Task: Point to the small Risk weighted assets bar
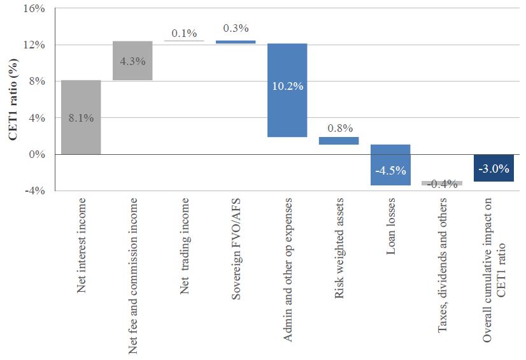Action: click(x=339, y=141)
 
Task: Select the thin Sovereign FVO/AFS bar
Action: click(x=236, y=42)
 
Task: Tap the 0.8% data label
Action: click(x=339, y=128)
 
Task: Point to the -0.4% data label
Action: click(x=442, y=184)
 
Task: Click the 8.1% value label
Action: click(x=81, y=118)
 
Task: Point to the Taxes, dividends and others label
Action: click(x=442, y=265)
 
